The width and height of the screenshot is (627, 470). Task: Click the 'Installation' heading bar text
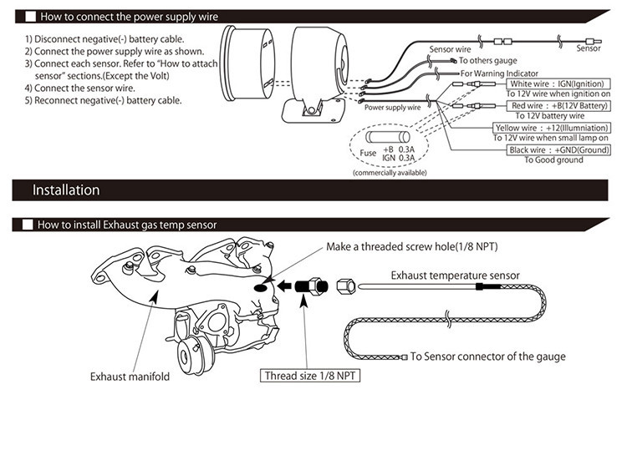[66, 190]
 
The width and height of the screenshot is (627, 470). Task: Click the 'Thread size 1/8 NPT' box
[310, 376]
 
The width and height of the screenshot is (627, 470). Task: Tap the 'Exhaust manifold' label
[130, 377]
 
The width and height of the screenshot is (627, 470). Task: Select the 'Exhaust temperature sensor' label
[455, 275]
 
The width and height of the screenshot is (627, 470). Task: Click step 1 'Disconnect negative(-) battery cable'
[104, 40]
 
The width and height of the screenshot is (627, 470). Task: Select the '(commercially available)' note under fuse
[390, 172]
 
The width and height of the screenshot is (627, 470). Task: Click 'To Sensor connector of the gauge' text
[488, 356]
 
